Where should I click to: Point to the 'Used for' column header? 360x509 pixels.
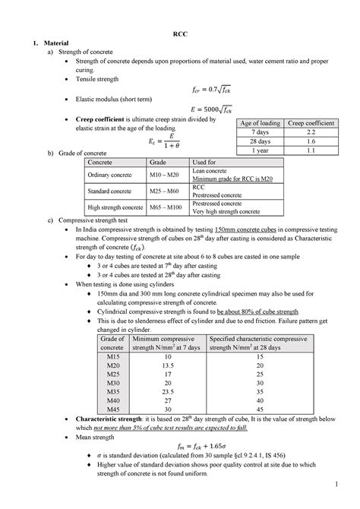(x=204, y=163)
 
